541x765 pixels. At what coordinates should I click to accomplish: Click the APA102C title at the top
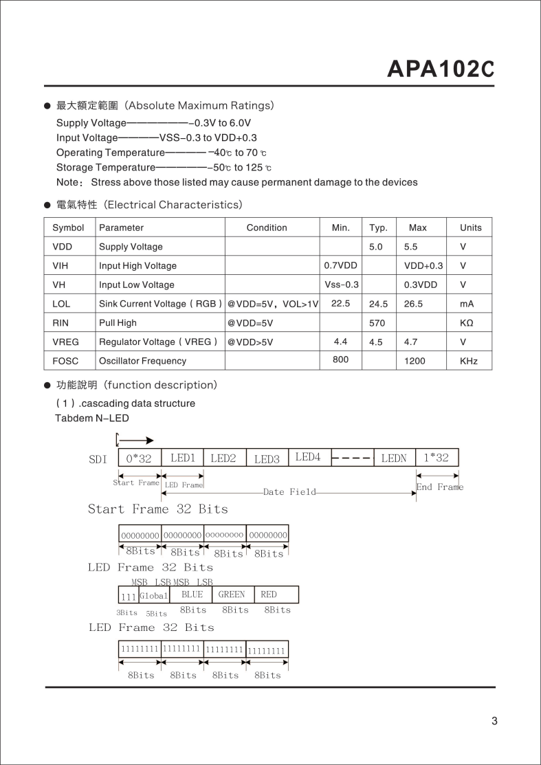tap(441, 69)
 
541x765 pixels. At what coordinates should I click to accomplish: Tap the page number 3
tap(494, 721)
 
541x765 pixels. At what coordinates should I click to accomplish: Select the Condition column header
tap(267, 228)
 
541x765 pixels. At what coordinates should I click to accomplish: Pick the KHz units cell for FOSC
tap(468, 361)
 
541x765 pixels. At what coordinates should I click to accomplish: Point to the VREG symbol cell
tap(65, 342)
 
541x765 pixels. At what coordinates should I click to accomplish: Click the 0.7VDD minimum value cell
tap(340, 265)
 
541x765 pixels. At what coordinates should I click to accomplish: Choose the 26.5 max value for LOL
tap(413, 304)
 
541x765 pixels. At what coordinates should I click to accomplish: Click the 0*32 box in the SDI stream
tap(140, 458)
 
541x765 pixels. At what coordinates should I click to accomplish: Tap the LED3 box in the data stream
tap(267, 458)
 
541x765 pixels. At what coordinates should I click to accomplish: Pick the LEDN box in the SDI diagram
tap(394, 458)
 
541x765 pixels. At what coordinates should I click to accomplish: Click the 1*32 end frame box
tap(437, 458)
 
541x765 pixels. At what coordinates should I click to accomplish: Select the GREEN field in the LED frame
tap(232, 595)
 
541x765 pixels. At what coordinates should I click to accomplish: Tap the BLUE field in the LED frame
tap(192, 595)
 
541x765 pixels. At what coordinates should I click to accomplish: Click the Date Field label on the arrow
tap(289, 492)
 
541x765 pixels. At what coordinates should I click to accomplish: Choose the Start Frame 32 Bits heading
tap(157, 509)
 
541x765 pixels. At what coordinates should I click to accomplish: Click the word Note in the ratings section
tap(69, 182)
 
